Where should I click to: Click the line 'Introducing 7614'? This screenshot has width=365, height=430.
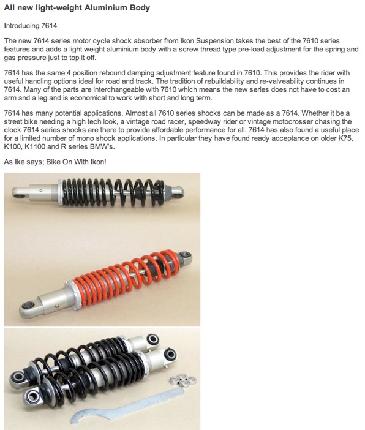click(31, 26)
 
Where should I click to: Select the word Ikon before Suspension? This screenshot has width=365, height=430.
click(186, 41)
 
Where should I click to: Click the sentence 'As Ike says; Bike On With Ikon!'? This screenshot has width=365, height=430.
click(55, 162)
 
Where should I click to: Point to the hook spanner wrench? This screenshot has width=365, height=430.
click(127, 406)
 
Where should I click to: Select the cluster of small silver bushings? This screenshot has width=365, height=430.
click(182, 380)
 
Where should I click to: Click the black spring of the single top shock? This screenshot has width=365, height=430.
click(113, 192)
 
